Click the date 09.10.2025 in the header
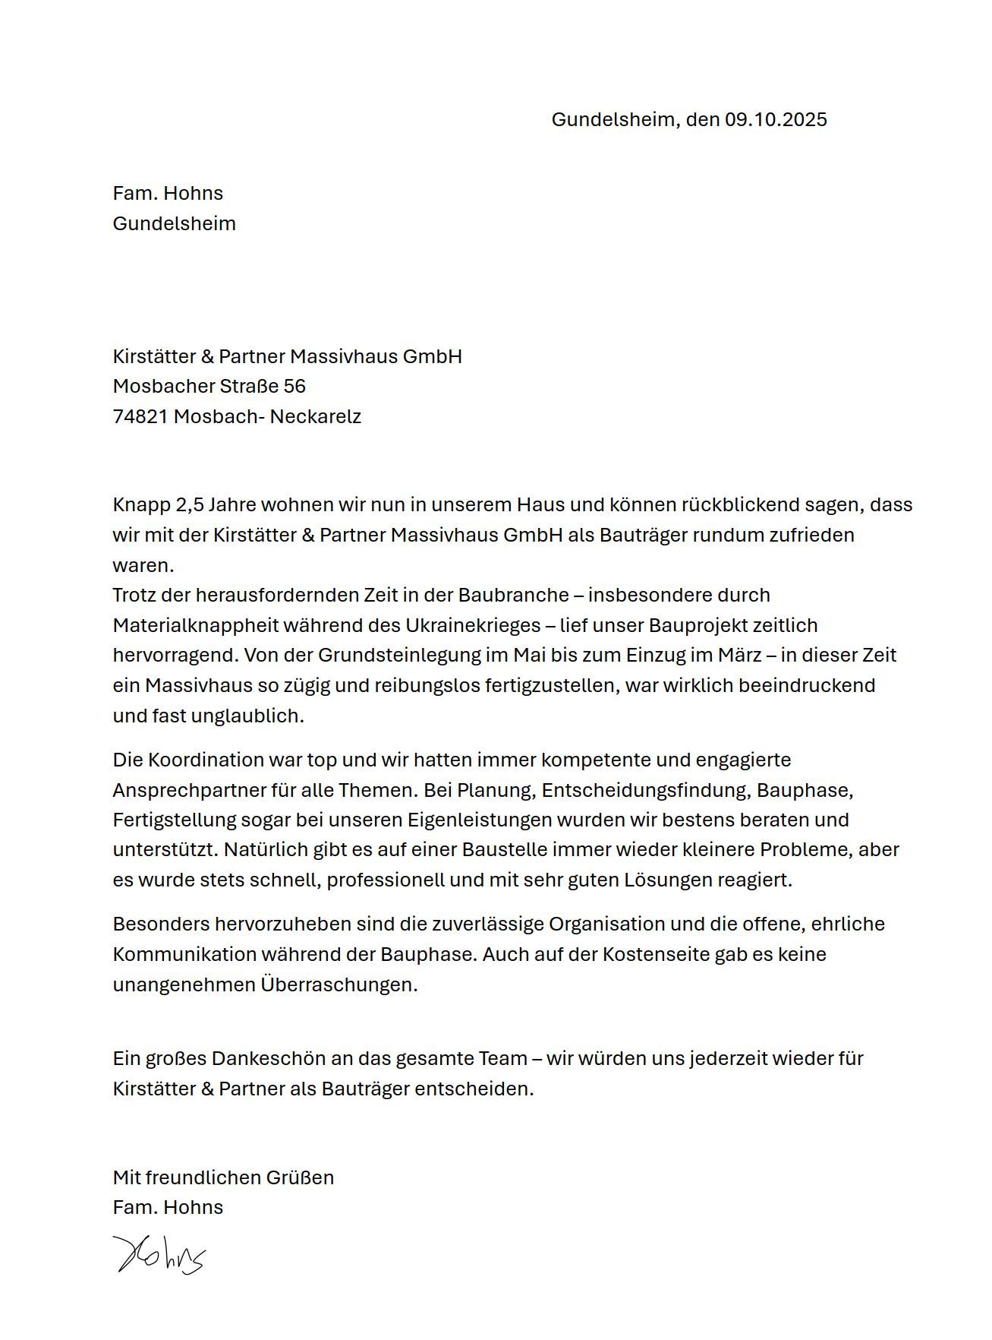775,120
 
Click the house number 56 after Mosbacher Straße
294,387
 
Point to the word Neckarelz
315,417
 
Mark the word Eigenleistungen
480,820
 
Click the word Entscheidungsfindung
645,791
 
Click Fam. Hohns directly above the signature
168,1208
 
